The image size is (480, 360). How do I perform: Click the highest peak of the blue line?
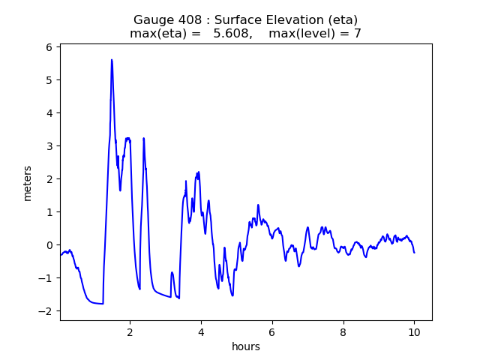112,60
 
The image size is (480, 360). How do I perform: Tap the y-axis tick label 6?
49,47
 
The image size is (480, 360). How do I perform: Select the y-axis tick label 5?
49,80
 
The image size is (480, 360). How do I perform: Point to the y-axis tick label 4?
49,113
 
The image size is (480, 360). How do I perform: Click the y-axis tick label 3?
49,146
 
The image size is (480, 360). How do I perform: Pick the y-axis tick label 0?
49,245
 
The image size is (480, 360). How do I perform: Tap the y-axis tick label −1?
45,278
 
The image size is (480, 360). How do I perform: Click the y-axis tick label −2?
45,311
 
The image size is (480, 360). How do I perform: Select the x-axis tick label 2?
130,332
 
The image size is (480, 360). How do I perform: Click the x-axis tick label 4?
201,332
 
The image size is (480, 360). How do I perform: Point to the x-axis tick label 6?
272,332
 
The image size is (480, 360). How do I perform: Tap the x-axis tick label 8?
343,332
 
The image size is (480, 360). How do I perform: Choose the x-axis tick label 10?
414,332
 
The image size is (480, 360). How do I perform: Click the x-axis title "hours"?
246,346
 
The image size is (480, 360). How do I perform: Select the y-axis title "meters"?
27,183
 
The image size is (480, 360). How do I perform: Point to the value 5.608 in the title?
232,33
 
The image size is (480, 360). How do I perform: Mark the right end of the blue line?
414,253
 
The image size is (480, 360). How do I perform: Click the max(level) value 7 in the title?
358,33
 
